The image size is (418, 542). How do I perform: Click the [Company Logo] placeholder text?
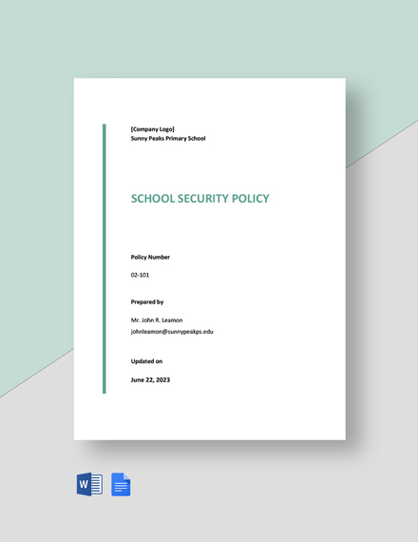[153, 129]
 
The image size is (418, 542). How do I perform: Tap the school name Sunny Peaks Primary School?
[168, 139]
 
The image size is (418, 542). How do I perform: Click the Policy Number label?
[151, 257]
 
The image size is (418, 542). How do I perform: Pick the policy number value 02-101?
[141, 275]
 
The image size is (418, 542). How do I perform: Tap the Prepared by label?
[147, 301]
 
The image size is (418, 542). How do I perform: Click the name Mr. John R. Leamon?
[157, 319]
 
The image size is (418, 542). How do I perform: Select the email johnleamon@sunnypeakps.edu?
[172, 332]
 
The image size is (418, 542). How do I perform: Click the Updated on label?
[147, 361]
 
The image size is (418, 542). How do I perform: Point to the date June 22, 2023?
[151, 379]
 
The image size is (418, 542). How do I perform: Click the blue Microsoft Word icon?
[89, 484]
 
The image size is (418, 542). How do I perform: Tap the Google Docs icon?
[122, 484]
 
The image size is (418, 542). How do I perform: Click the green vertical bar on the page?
[104, 258]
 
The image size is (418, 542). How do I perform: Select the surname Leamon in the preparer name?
[171, 319]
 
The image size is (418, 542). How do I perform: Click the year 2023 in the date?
[162, 379]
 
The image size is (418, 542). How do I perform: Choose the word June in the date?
[138, 379]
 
